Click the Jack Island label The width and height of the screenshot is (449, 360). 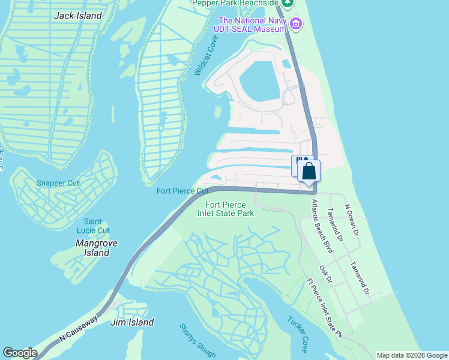coord(78,16)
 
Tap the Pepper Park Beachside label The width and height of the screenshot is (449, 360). coord(235,3)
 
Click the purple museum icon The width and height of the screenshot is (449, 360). coord(295,25)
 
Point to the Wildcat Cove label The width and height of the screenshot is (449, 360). coord(205,55)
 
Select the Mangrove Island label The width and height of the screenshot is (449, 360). coord(96,248)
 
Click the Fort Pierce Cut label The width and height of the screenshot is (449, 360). coord(182,191)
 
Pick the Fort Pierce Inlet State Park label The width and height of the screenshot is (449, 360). coord(226,209)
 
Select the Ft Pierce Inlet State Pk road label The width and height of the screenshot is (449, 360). coord(324,307)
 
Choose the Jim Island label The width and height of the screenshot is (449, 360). coord(132,322)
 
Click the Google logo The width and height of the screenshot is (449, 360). coord(20,353)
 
